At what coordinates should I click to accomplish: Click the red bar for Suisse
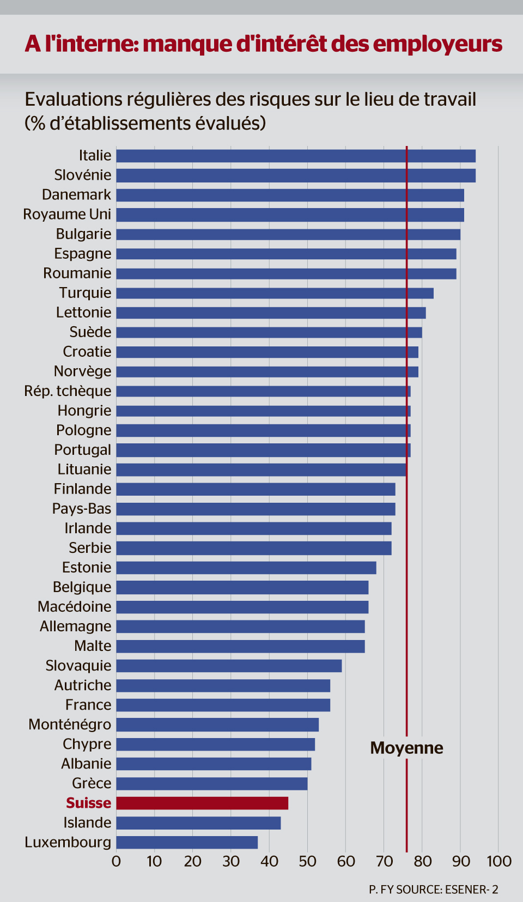click(x=202, y=803)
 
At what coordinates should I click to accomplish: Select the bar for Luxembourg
click(x=187, y=842)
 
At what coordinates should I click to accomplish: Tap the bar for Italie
click(x=296, y=156)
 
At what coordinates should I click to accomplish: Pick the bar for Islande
click(x=198, y=822)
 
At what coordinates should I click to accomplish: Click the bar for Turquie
click(x=275, y=293)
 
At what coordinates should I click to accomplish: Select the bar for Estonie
click(x=246, y=568)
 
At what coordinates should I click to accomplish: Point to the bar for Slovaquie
click(x=229, y=666)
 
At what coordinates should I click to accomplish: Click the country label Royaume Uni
click(x=67, y=214)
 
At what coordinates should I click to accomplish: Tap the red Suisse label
click(x=88, y=803)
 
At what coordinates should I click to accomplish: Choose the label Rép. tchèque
click(x=68, y=391)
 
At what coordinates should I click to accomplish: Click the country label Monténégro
click(x=70, y=724)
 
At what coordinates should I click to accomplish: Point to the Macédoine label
click(x=74, y=607)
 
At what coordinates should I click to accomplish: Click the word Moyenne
click(x=406, y=748)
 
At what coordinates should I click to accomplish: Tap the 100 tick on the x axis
click(x=499, y=861)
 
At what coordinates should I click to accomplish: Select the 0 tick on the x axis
click(x=116, y=861)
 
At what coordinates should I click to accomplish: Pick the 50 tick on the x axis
click(x=307, y=861)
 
